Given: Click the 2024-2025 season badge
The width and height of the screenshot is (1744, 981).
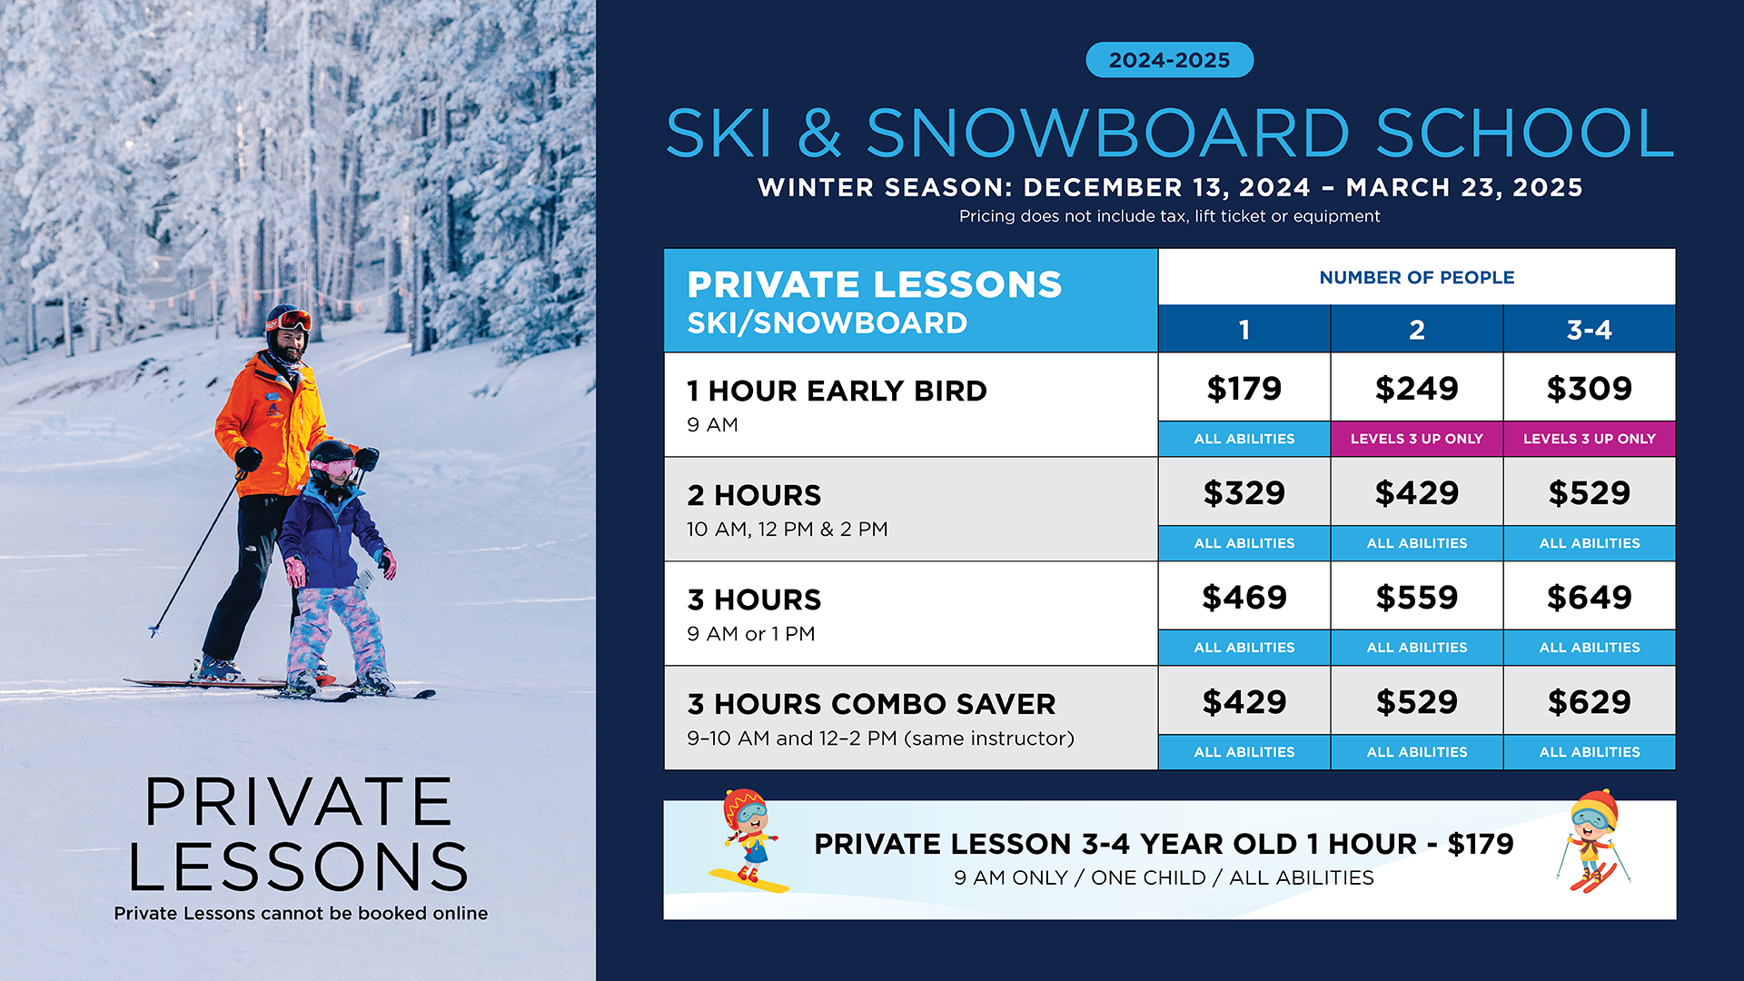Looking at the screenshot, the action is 1169,60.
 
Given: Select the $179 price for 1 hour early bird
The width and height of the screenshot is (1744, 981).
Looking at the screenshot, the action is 1244,388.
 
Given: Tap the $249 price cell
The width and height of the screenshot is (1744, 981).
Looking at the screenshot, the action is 1416,388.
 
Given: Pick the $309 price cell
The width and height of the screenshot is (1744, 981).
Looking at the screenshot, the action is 1589,388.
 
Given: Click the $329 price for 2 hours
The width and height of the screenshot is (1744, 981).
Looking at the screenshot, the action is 1244,492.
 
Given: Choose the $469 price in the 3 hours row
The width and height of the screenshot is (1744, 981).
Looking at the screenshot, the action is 1244,597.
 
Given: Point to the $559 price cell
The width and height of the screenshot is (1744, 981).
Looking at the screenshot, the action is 1416,597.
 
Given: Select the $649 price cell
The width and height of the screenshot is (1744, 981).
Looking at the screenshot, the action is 1589,597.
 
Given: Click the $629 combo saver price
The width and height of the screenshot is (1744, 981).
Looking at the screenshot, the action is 1589,701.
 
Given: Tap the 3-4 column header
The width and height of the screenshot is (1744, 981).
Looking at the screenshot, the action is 1589,329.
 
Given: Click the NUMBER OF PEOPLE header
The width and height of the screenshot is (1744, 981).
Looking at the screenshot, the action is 1416,277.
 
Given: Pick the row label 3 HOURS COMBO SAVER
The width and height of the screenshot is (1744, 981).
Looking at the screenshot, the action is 871,704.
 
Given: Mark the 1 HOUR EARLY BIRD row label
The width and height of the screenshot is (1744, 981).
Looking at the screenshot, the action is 837,391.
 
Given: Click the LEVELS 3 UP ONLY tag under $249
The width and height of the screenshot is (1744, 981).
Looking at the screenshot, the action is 1416,439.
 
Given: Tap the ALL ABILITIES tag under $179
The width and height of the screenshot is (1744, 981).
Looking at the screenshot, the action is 1244,439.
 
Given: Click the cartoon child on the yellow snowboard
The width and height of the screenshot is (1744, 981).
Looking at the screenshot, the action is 748,840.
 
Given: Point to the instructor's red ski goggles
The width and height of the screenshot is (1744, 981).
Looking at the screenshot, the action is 292,321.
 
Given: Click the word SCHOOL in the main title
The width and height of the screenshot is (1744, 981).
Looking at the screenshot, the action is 1524,134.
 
